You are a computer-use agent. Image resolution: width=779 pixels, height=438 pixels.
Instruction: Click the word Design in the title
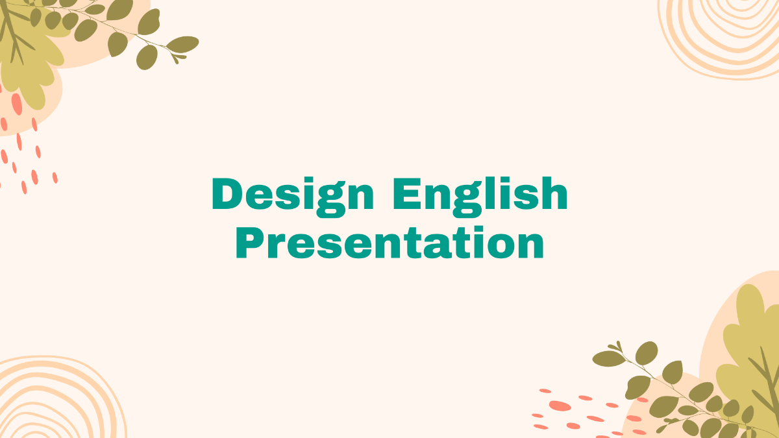(293, 195)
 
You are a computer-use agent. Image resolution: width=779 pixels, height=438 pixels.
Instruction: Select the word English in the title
(480, 195)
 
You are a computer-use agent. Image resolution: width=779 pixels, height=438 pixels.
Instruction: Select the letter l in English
(486, 193)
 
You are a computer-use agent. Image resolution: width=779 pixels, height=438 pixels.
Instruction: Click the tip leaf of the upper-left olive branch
(182, 44)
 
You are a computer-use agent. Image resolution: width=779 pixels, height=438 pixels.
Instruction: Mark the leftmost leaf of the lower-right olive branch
(608, 358)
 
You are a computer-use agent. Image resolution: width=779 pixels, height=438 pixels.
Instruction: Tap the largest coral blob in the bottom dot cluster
(560, 406)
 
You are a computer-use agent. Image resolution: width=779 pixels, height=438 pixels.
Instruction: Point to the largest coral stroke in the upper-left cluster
(16, 104)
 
